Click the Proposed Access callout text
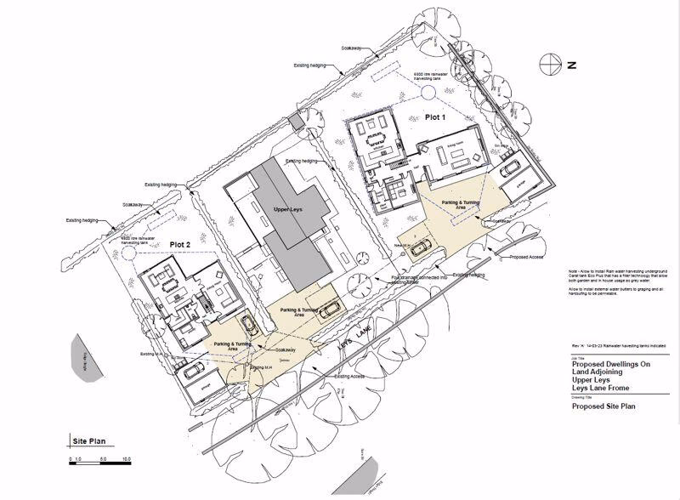(x=527, y=256)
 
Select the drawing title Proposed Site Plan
(x=603, y=407)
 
